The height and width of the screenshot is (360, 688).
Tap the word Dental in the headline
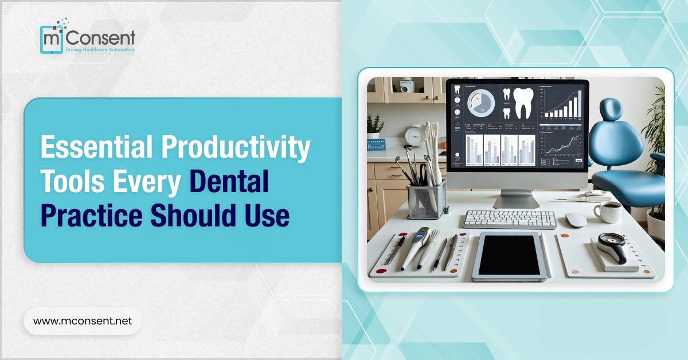coord(229,182)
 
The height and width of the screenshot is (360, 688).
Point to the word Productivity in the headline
coord(235,148)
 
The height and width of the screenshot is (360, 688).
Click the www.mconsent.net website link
coord(83,321)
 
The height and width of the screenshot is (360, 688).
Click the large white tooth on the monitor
coord(522,103)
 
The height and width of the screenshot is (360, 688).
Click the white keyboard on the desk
coord(509,219)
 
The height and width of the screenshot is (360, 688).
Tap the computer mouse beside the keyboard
coord(576,220)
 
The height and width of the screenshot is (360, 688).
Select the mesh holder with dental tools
coord(427,198)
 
